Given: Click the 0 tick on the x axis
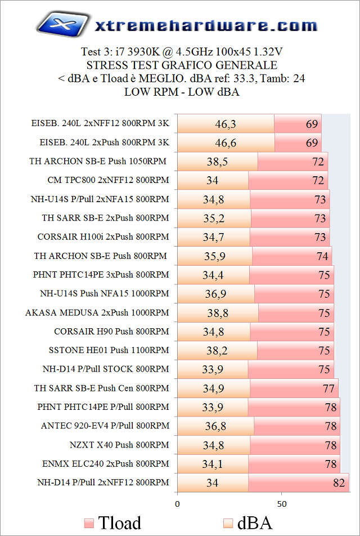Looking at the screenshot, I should click(178, 503).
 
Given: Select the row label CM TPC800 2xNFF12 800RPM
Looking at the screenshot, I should click(109, 180).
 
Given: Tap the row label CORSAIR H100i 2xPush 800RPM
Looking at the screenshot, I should click(103, 237).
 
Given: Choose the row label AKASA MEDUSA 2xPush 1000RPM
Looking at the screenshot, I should click(97, 312).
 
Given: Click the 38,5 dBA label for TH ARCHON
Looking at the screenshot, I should click(217, 162).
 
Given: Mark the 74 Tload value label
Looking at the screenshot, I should click(322, 256).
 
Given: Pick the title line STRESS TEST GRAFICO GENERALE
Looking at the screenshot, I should click(181, 65).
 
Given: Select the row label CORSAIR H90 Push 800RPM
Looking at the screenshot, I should click(111, 332).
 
